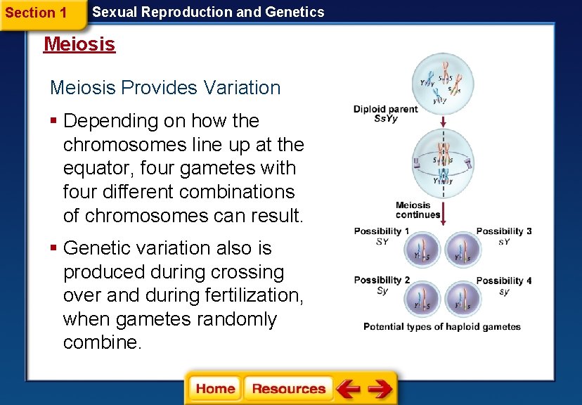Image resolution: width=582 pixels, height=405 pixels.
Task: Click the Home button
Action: click(215, 389)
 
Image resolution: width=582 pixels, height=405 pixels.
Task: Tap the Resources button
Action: click(288, 389)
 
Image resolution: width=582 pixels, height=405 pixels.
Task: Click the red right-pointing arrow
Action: click(380, 389)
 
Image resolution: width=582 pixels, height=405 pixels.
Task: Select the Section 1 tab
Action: click(37, 13)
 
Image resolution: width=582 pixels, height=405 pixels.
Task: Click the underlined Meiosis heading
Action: click(79, 44)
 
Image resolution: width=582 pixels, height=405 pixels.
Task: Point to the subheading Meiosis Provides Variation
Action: click(165, 88)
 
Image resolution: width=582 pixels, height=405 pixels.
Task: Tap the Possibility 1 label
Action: click(382, 231)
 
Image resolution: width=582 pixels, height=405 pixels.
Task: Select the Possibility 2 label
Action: click(382, 281)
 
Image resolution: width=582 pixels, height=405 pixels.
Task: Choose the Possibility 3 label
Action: click(504, 231)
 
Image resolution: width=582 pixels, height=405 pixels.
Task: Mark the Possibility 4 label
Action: click(504, 281)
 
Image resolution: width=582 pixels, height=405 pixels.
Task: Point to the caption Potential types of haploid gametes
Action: click(442, 327)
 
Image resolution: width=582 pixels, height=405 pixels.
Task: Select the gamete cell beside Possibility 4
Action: click(463, 299)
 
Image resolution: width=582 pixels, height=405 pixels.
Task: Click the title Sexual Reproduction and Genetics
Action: click(209, 12)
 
